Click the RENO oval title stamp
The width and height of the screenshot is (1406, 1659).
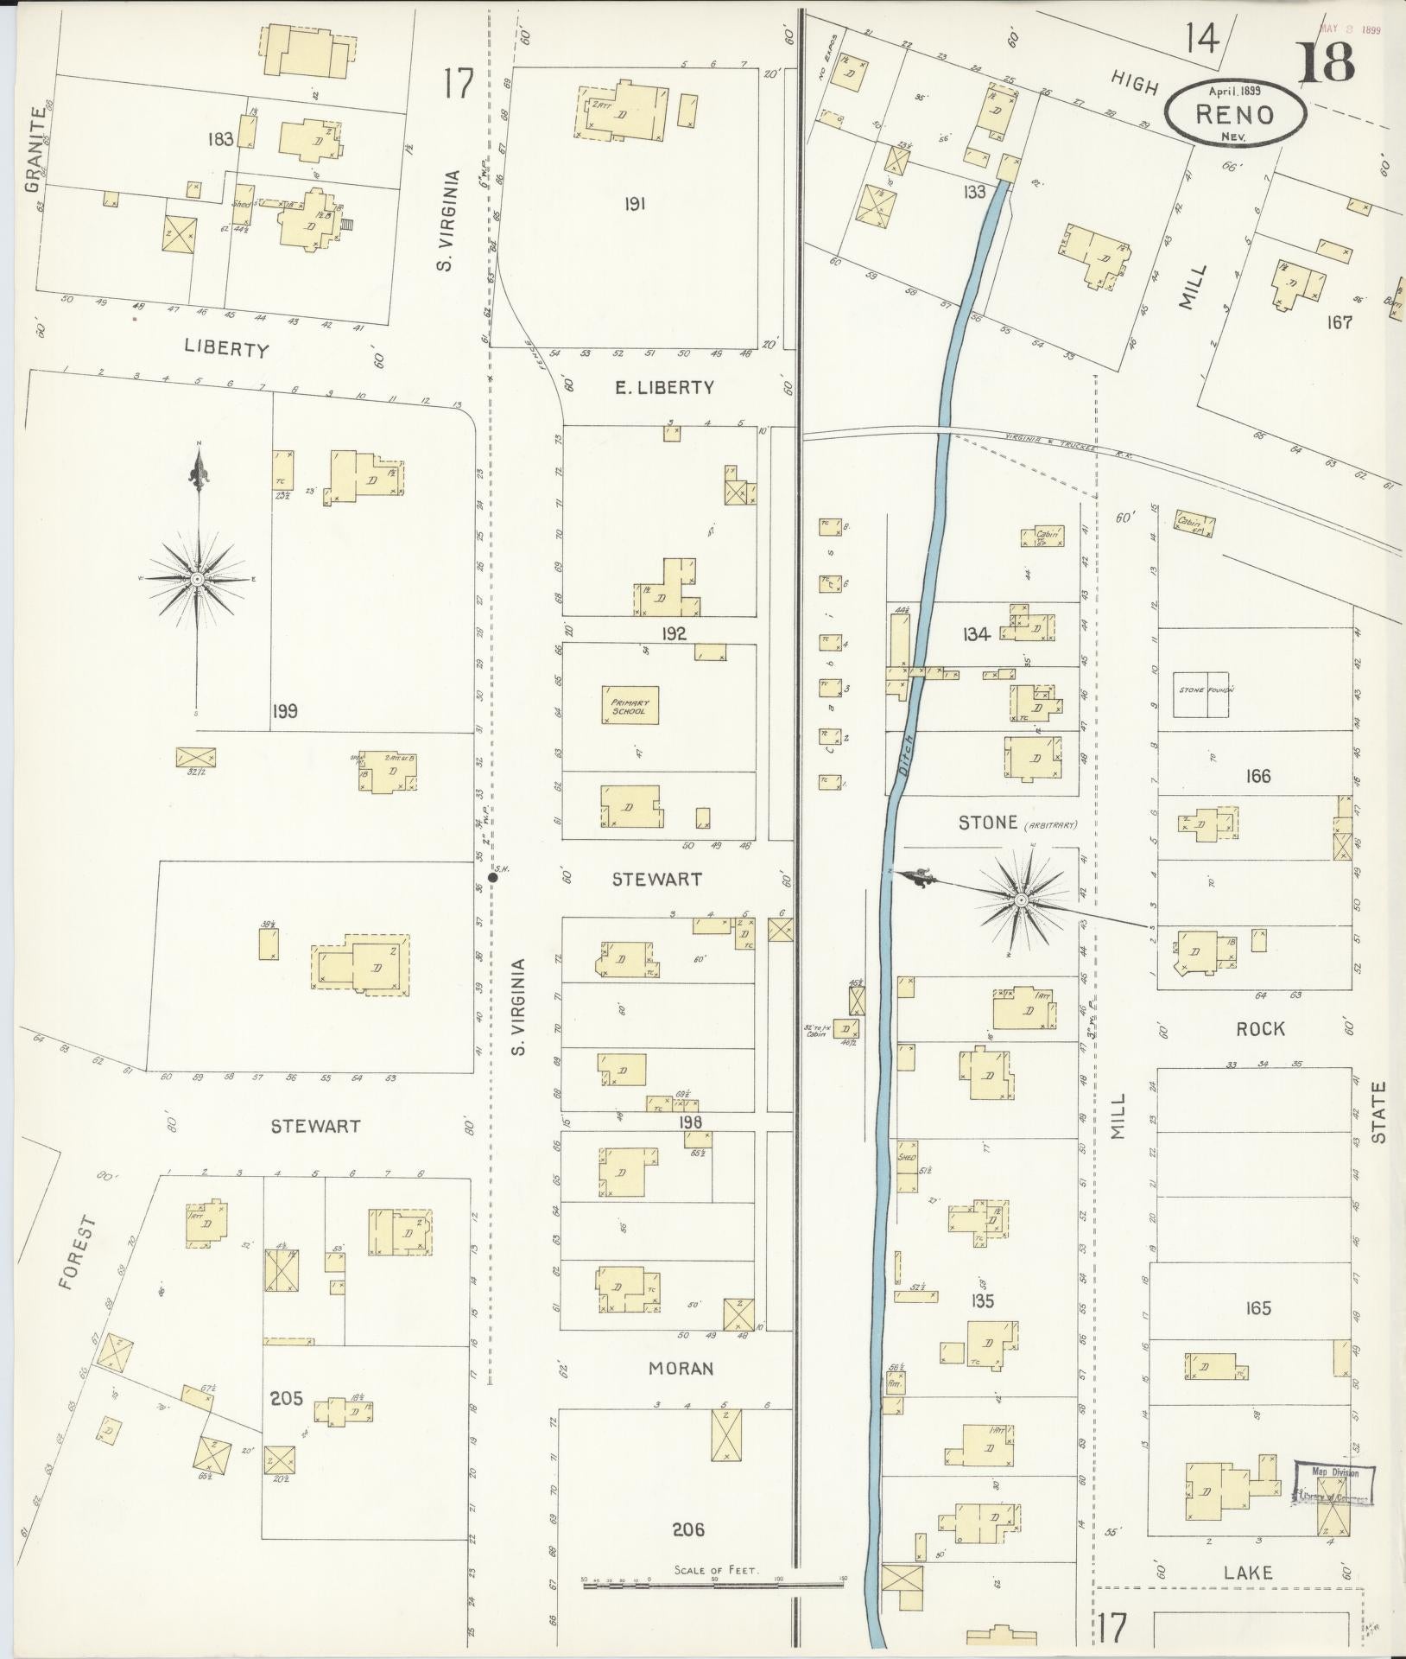point(1235,112)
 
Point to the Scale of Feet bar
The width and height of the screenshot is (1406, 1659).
point(713,1582)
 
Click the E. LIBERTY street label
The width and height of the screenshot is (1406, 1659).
point(664,388)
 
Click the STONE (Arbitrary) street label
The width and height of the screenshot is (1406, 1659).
point(989,823)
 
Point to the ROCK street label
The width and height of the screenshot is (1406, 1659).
point(1260,1029)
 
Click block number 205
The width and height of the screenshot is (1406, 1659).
point(286,1397)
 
